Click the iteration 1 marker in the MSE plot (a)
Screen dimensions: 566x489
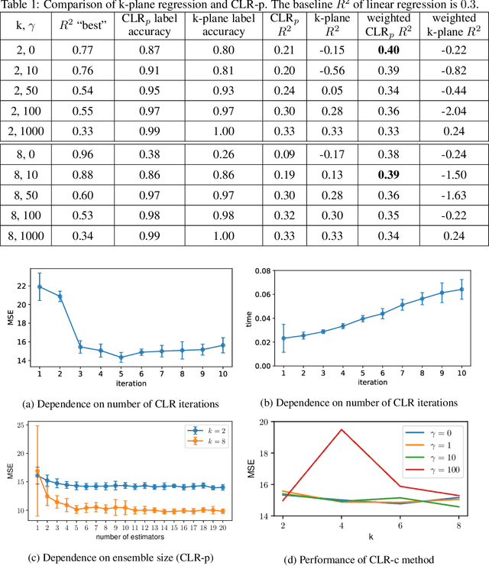(x=39, y=287)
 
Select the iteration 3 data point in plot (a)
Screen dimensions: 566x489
(x=80, y=347)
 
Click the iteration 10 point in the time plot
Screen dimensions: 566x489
(x=460, y=289)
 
